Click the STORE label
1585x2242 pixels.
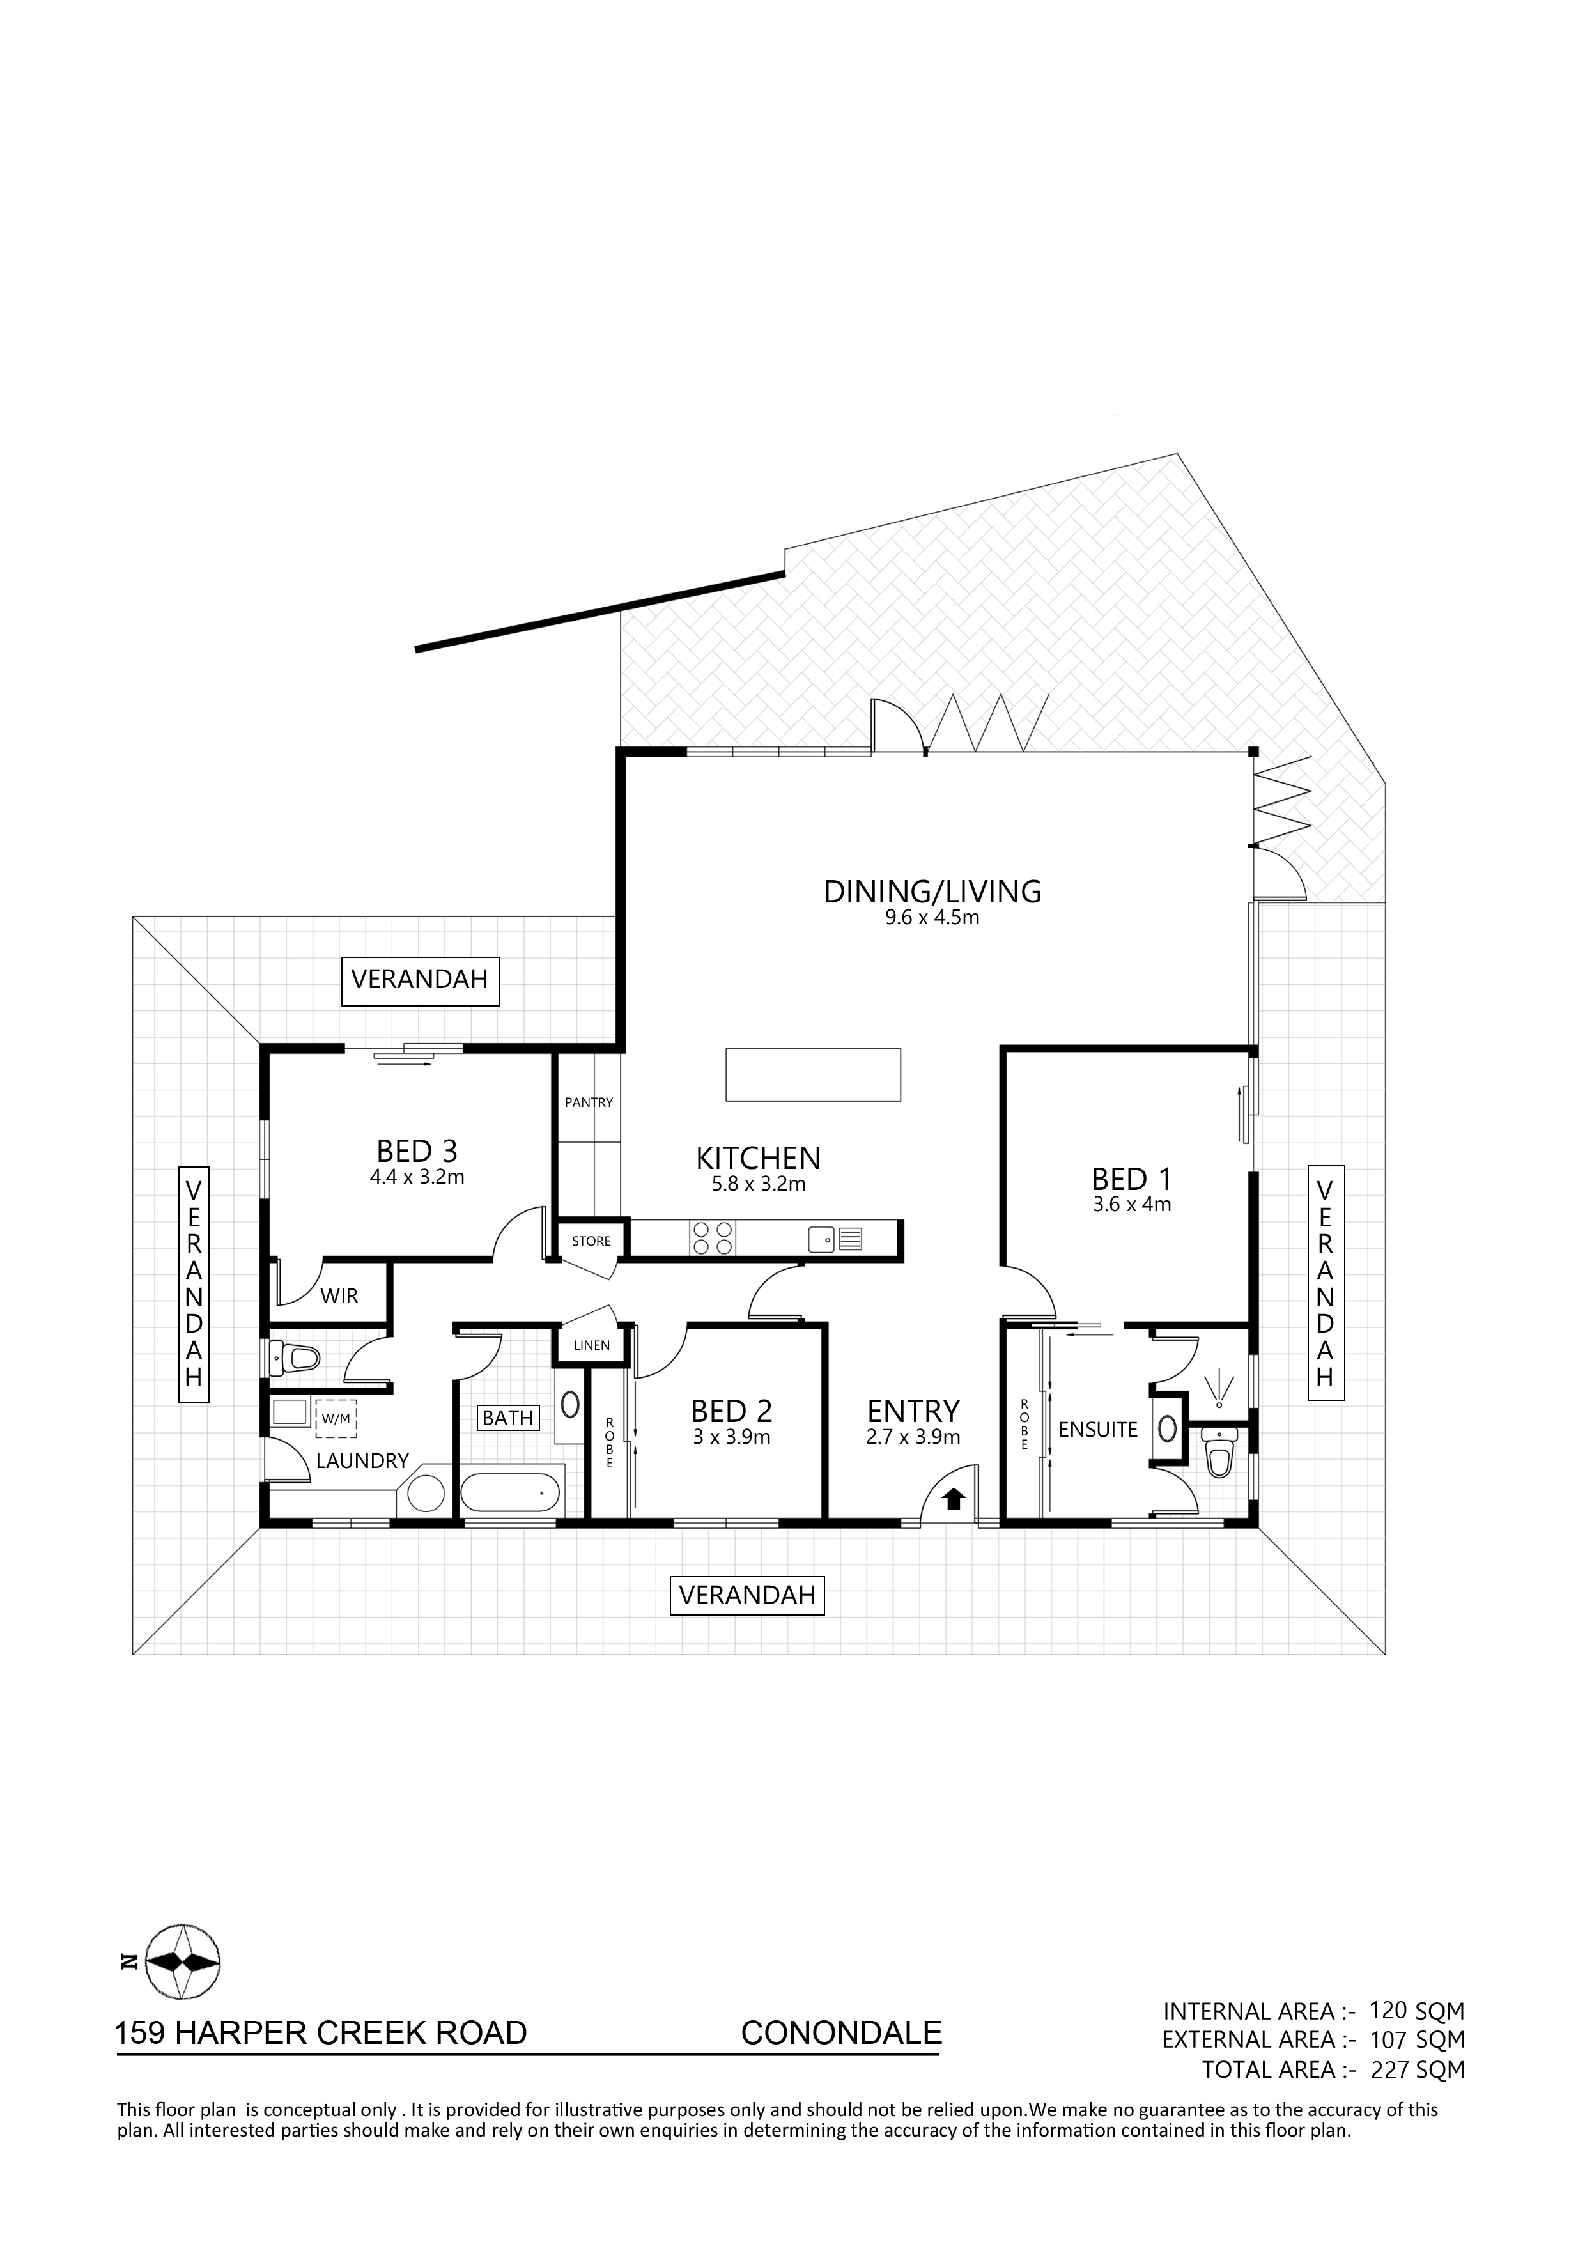click(591, 1241)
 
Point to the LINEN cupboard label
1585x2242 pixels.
click(592, 1345)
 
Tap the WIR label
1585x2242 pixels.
click(340, 1295)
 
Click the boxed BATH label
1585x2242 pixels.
click(508, 1418)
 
